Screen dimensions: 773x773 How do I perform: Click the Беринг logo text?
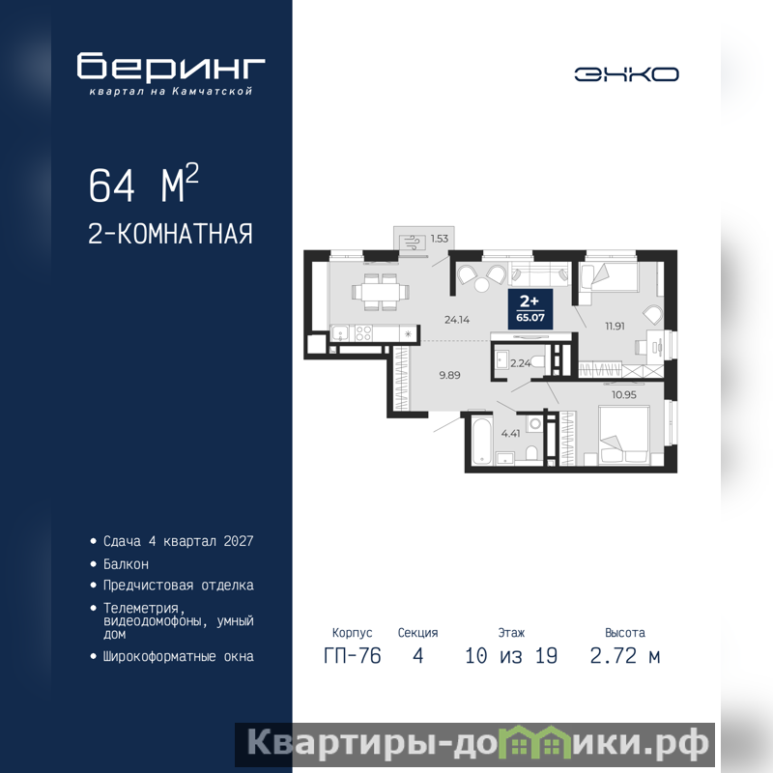pyautogui.click(x=171, y=66)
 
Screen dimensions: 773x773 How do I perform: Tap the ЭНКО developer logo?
pyautogui.click(x=626, y=74)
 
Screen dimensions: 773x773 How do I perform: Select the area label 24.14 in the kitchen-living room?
pyautogui.click(x=457, y=320)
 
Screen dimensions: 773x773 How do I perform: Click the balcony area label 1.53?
pyautogui.click(x=440, y=239)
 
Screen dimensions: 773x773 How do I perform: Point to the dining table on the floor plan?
pyautogui.click(x=381, y=292)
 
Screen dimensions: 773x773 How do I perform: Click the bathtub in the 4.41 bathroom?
pyautogui.click(x=481, y=442)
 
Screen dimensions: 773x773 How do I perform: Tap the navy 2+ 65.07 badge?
pyautogui.click(x=530, y=309)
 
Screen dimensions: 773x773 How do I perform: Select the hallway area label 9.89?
pyautogui.click(x=449, y=375)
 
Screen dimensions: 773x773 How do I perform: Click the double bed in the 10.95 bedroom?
pyautogui.click(x=623, y=436)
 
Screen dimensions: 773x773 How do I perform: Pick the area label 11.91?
pyautogui.click(x=615, y=326)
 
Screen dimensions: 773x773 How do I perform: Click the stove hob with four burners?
pyautogui.click(x=363, y=333)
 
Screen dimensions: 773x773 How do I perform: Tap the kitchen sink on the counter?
pyautogui.click(x=340, y=333)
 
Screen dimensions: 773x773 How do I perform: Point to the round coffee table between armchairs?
pyautogui.click(x=481, y=285)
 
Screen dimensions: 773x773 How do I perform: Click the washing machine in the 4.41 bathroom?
pyautogui.click(x=535, y=423)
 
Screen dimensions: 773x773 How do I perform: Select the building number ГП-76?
pyautogui.click(x=352, y=656)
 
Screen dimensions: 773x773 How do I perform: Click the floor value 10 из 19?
pyautogui.click(x=511, y=656)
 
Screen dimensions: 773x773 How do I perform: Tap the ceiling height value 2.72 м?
pyautogui.click(x=624, y=656)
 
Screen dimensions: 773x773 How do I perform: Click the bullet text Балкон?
pyautogui.click(x=126, y=564)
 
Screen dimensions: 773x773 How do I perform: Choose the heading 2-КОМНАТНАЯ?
pyautogui.click(x=170, y=234)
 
